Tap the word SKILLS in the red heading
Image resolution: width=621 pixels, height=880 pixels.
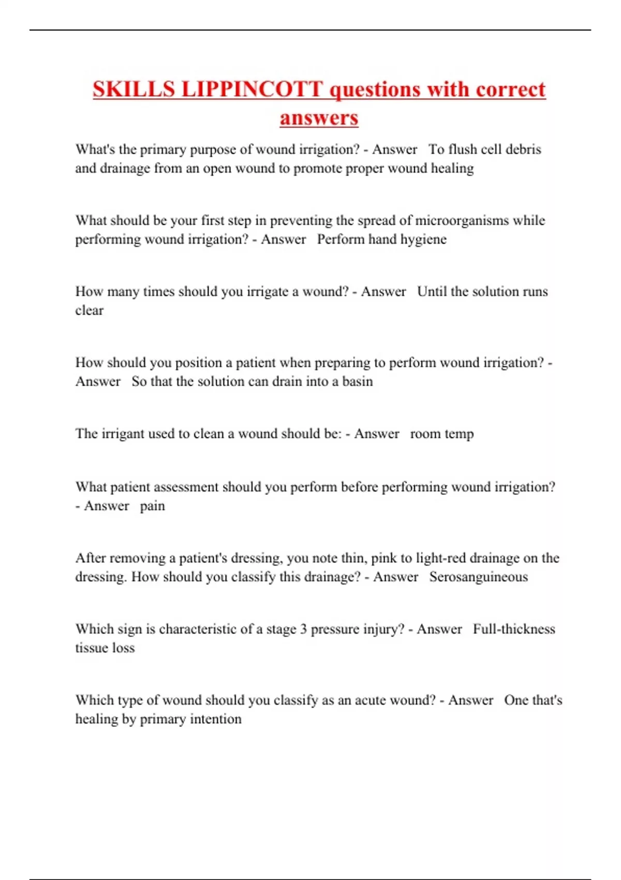(x=134, y=90)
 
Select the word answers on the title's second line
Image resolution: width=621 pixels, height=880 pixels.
(x=319, y=118)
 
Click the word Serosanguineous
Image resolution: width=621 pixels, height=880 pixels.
(x=479, y=577)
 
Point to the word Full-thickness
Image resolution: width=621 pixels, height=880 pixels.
(x=514, y=629)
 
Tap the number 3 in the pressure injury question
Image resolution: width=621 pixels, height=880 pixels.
(x=303, y=629)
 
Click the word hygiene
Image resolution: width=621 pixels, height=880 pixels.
(x=424, y=240)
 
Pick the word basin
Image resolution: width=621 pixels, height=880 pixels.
(x=358, y=382)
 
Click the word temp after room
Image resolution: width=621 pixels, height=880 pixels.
(x=457, y=434)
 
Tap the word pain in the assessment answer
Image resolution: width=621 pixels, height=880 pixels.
(x=153, y=506)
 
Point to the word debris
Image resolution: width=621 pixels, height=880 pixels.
(x=523, y=150)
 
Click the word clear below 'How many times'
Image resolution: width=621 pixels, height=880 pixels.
(x=90, y=311)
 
